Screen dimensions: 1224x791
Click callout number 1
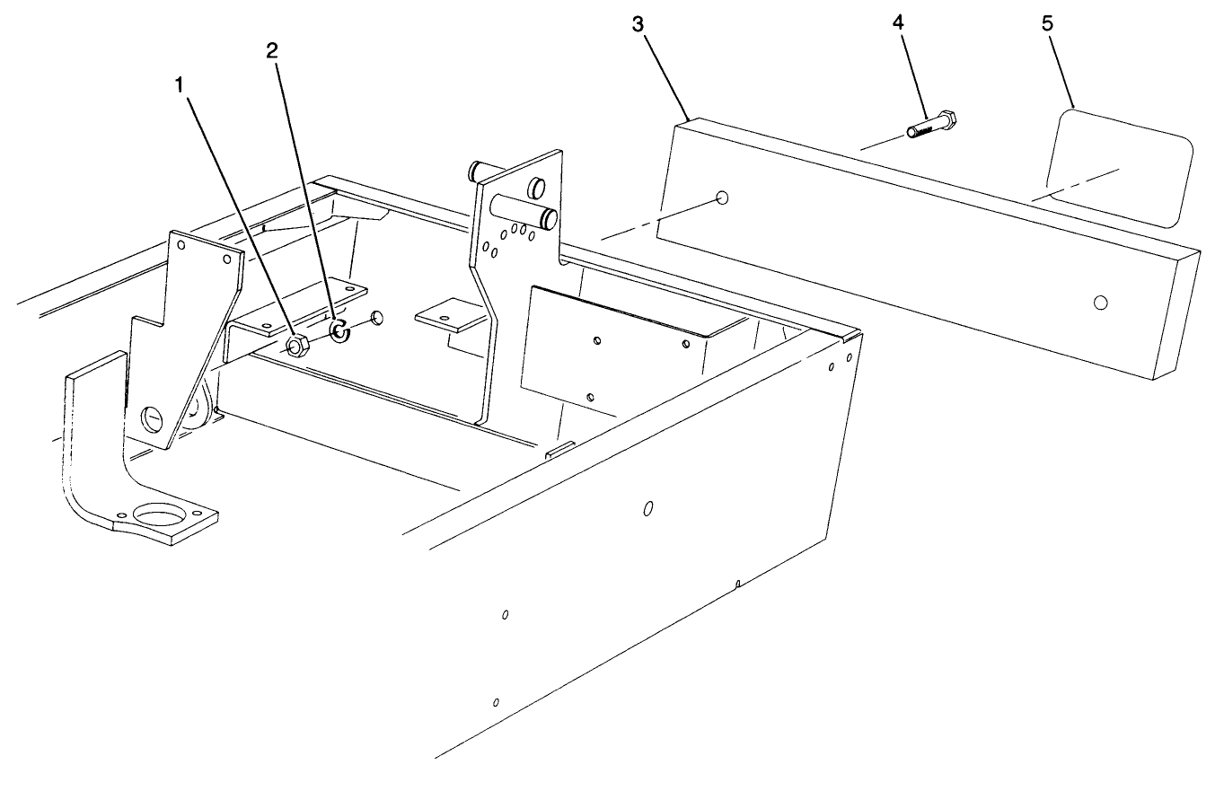[179, 86]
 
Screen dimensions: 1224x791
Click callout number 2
[271, 51]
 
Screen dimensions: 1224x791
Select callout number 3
[638, 24]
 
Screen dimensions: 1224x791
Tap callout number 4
[898, 22]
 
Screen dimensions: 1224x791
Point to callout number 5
[1047, 23]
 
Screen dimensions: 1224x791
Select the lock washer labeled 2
[339, 330]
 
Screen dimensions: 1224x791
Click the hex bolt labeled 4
[931, 125]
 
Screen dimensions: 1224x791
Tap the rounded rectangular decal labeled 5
[1119, 168]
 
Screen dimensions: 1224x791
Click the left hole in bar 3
[722, 198]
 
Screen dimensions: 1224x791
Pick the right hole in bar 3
[1100, 302]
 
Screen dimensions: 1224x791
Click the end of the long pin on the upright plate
[548, 219]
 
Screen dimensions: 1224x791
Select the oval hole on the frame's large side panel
[648, 508]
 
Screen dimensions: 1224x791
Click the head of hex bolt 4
[947, 119]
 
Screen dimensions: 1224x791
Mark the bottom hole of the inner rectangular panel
[590, 397]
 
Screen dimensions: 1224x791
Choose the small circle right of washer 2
[377, 318]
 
